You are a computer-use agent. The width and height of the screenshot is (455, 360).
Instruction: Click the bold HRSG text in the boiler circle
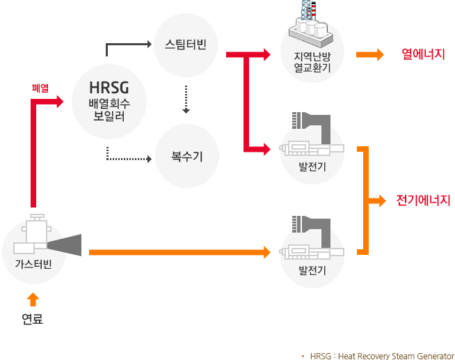tap(109, 88)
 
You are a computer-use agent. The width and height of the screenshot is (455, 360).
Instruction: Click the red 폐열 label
tap(40, 88)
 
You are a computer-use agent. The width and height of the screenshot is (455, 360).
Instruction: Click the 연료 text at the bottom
tap(32, 320)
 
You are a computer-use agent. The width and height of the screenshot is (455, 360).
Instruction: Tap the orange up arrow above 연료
tap(32, 299)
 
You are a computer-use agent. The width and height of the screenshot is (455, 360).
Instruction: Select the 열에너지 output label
tap(423, 54)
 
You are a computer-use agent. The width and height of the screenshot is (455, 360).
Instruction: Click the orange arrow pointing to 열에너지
tap(369, 54)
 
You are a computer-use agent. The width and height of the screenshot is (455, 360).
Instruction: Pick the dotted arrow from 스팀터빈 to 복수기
tap(186, 100)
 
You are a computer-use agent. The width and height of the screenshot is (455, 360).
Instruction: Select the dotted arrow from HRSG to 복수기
tap(129, 158)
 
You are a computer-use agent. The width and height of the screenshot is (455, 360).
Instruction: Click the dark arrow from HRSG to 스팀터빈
tap(128, 46)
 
